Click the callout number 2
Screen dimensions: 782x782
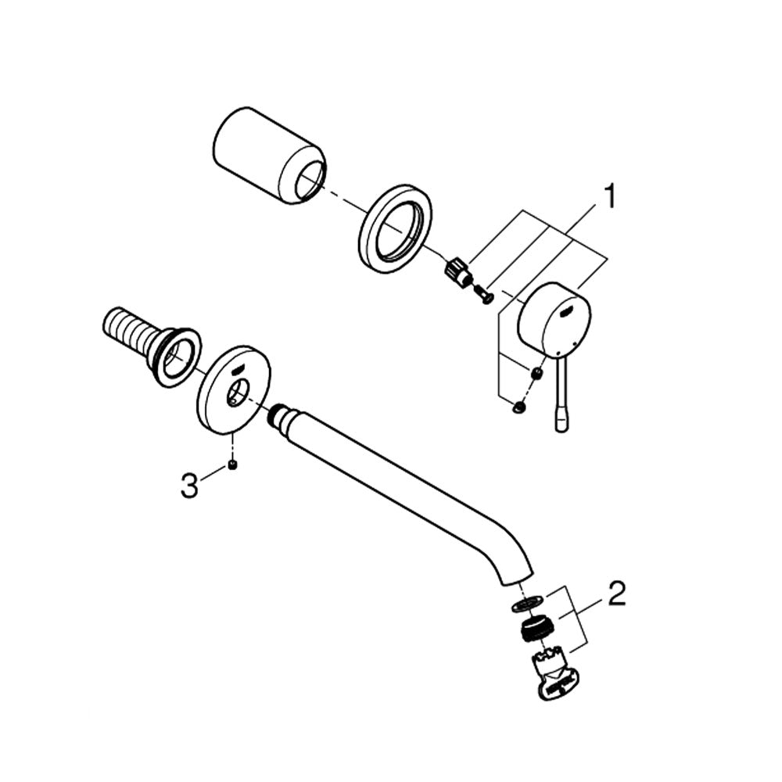point(617,594)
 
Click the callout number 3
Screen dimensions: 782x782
point(189,486)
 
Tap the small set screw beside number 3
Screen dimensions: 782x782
point(232,465)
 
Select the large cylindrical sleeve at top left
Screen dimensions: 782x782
point(270,156)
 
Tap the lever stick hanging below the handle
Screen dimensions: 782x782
point(561,393)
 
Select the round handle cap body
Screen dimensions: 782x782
point(554,320)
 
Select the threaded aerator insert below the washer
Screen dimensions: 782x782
point(534,630)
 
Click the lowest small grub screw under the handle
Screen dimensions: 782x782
point(518,407)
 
